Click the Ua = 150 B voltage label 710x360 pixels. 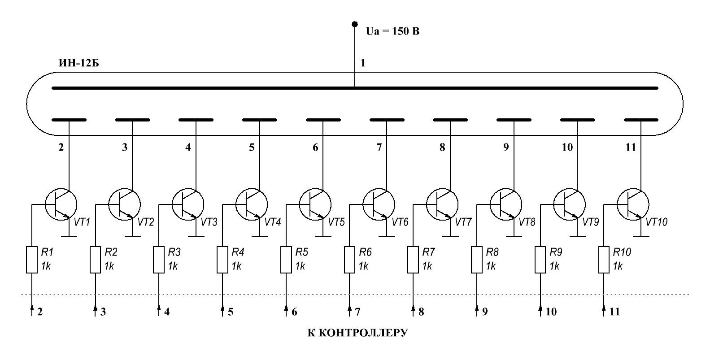click(392, 31)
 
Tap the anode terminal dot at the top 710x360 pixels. click(355, 24)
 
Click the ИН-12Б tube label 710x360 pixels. click(78, 63)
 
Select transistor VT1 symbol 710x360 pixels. click(61, 204)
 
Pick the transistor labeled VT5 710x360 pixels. click(315, 204)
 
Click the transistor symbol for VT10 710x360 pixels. click(633, 204)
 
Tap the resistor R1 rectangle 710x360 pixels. click(32, 260)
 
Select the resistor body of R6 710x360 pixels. click(349, 260)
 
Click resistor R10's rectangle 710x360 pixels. click(604, 260)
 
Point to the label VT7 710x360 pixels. click(463, 222)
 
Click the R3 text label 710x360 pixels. click(174, 252)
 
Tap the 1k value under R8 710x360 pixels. click(491, 266)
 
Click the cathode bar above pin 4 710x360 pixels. click(196, 120)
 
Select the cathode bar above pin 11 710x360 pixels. click(641, 120)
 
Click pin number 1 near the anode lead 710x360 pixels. click(363, 63)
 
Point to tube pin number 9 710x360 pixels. click(506, 147)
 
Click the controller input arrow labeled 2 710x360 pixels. click(32, 311)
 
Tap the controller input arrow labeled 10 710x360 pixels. click(540, 311)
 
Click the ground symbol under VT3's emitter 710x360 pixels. click(196, 236)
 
